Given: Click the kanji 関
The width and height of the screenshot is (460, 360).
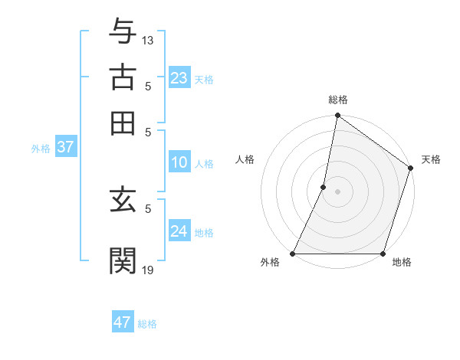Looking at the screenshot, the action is pyautogui.click(x=123, y=257).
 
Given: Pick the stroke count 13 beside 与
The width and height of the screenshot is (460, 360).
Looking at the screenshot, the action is pyautogui.click(x=148, y=40).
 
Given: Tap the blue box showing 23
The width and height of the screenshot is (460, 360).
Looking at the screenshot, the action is pyautogui.click(x=179, y=77).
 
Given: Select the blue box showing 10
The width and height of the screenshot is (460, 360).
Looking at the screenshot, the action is pyautogui.click(x=179, y=162).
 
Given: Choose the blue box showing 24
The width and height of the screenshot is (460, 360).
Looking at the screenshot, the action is pyautogui.click(x=179, y=231).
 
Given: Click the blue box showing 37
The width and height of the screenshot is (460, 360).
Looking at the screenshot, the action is pyautogui.click(x=64, y=147).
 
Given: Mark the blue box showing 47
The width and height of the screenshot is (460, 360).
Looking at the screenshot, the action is pyautogui.click(x=122, y=322).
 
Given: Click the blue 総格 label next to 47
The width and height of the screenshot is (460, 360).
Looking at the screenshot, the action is pyautogui.click(x=147, y=324).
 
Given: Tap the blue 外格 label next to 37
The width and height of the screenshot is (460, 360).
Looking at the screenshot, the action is pyautogui.click(x=41, y=149).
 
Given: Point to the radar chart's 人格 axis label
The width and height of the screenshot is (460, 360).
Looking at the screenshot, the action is pyautogui.click(x=245, y=159).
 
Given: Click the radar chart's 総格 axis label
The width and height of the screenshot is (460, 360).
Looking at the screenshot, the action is pyautogui.click(x=337, y=100).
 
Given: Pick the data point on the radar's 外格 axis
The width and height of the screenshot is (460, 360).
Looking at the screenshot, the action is pyautogui.click(x=293, y=254).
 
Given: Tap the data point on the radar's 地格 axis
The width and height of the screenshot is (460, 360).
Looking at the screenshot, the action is pyautogui.click(x=383, y=254).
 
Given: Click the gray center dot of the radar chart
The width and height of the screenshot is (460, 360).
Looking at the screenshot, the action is pyautogui.click(x=337, y=191).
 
